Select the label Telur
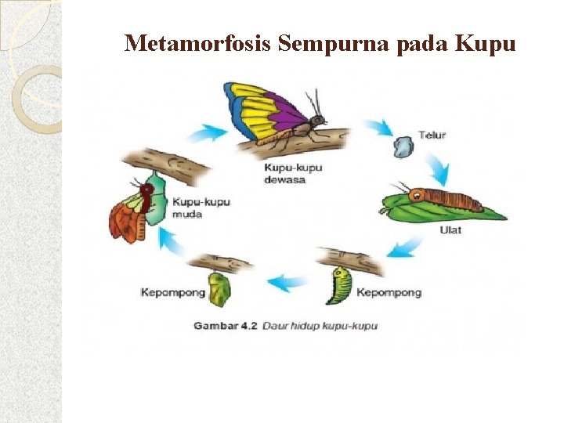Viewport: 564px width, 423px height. pos(432,135)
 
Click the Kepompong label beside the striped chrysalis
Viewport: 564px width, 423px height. pos(389,293)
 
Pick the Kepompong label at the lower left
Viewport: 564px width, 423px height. pos(173,293)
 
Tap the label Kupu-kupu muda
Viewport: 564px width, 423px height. pos(201,208)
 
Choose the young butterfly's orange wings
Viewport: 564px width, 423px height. pos(125,220)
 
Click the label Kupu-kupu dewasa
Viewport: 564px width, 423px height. pos(292,173)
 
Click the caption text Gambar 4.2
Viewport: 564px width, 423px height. pos(226,325)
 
